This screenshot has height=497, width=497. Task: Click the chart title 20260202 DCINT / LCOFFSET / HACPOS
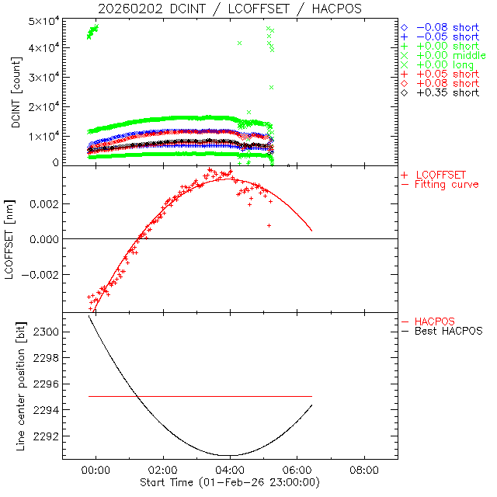[231, 9]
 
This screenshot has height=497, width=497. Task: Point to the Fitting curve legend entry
[447, 185]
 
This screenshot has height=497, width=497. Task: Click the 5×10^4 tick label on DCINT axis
[46, 20]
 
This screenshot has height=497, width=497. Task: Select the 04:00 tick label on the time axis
[231, 470]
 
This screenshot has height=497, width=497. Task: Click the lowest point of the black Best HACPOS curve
[225, 455]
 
